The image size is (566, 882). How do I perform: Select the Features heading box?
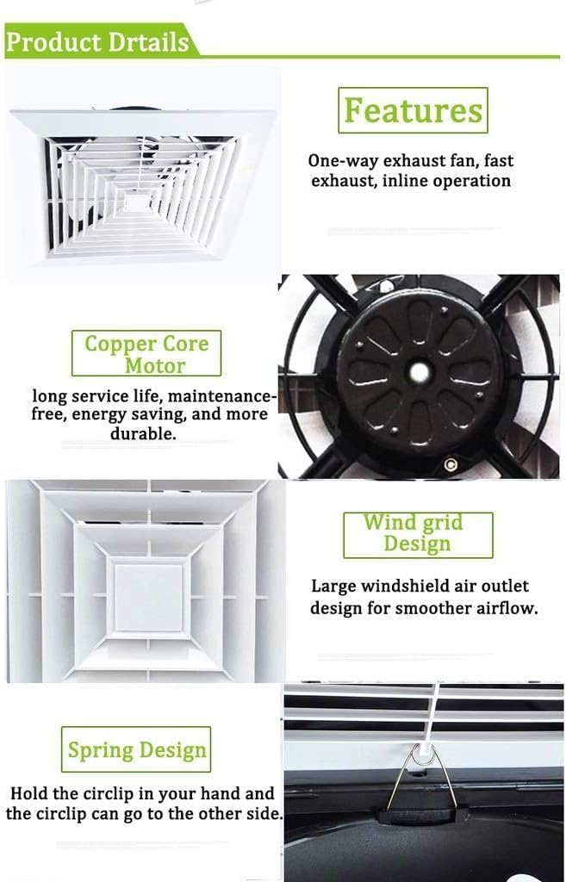[x=413, y=110]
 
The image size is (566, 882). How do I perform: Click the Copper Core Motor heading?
[x=146, y=354]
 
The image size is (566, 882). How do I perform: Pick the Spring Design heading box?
[x=136, y=749]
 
